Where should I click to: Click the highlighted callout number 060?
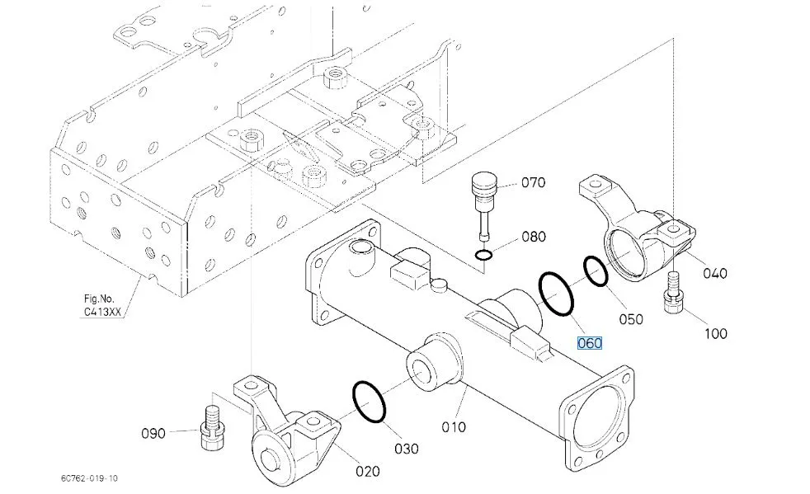tap(590, 343)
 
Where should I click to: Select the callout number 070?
tap(533, 182)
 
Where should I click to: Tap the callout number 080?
tap(534, 237)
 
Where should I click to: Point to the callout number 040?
tap(715, 273)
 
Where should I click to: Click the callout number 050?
tap(631, 319)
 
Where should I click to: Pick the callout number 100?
tap(715, 334)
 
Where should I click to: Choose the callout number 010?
tap(454, 427)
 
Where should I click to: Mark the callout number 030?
tap(407, 449)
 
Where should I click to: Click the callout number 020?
tap(367, 471)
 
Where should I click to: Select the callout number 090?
tap(153, 433)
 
